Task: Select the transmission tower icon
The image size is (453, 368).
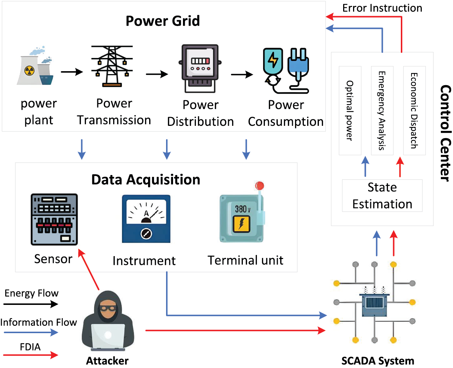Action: pos(112,66)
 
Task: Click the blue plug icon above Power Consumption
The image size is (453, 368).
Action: pos(298,66)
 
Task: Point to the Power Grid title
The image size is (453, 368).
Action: pos(162,21)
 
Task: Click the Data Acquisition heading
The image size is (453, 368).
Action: pos(145,180)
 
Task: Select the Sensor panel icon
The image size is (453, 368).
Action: pos(54,219)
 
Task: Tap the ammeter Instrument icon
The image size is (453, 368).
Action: pos(146,219)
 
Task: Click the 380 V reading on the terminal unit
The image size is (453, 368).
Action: pos(242,209)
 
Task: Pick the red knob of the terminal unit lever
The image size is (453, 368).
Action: pos(260,186)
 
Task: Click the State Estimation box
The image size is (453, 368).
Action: pos(382,196)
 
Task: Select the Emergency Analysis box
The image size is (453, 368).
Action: pos(382,110)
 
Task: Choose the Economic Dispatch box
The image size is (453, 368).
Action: pos(414,110)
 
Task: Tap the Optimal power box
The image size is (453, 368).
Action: pos(350,110)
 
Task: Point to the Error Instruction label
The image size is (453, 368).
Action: pos(382,8)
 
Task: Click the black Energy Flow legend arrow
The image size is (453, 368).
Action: pos(31,304)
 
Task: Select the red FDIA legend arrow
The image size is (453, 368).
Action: pos(31,355)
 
